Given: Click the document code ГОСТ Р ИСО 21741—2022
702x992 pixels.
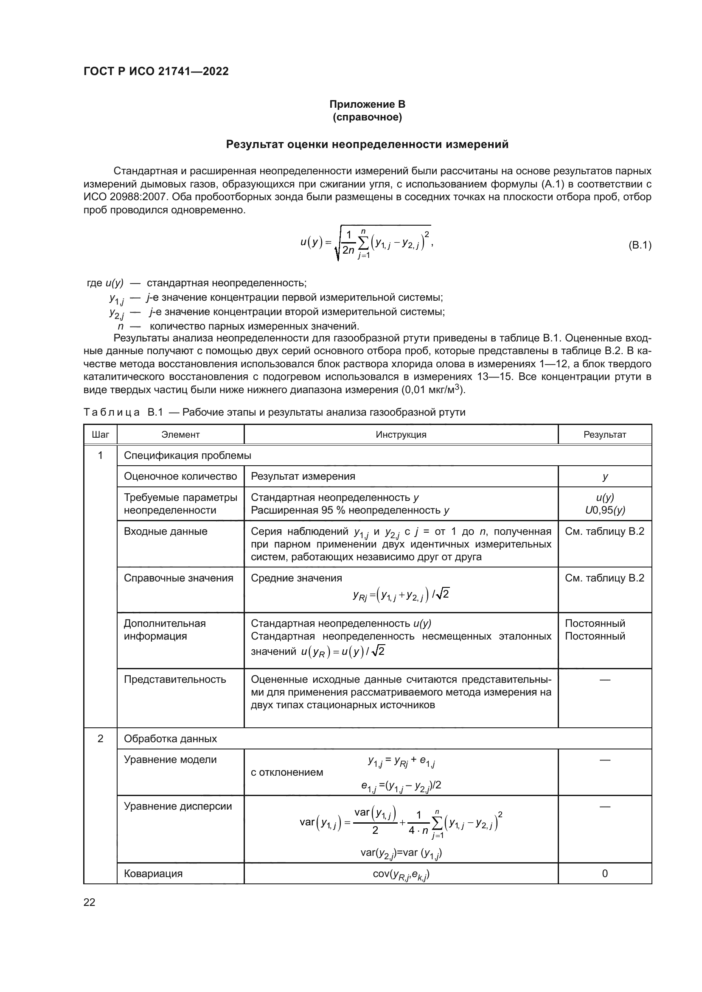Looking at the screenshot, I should [156, 72].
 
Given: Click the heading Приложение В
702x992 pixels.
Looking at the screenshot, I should [367, 104].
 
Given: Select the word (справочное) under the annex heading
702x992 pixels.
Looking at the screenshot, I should [367, 117].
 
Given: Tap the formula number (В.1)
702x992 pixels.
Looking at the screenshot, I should [639, 246].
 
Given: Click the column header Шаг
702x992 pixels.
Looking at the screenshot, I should [100, 435].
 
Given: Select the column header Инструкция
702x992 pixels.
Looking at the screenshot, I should [401, 435].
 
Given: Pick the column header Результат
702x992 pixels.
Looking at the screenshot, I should [604, 435].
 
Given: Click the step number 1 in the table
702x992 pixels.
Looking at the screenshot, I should [100, 455].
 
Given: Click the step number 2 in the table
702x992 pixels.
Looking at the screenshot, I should [100, 738].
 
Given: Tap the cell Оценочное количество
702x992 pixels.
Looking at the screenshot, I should [180, 476].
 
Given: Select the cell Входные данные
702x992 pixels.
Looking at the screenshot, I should [166, 531].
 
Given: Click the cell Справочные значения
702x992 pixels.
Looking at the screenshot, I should [178, 578].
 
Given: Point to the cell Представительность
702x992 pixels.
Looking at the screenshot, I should [174, 679].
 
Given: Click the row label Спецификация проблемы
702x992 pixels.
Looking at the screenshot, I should [187, 455].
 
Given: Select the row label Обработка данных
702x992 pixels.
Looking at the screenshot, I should [170, 738].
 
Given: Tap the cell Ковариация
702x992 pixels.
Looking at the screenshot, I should [153, 873].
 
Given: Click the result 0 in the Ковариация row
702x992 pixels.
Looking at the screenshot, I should [604, 873].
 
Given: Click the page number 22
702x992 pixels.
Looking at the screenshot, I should [90, 902].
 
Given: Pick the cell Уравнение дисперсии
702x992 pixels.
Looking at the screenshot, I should [178, 806].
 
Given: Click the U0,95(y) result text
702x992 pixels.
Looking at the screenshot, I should [604, 510].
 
